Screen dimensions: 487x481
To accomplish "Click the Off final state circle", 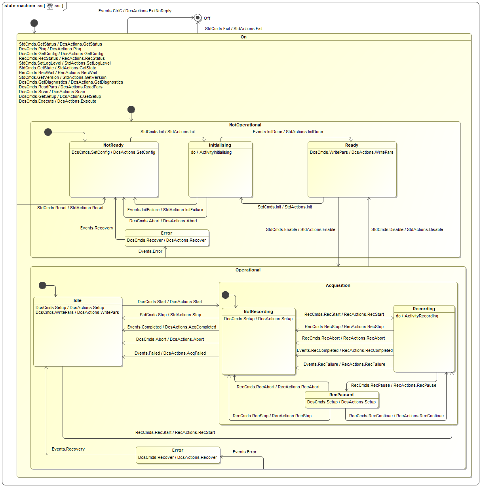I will (198, 17).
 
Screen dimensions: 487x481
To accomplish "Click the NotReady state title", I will (114, 145).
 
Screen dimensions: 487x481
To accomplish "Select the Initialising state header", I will (220, 145).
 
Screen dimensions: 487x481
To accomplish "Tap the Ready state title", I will (352, 145).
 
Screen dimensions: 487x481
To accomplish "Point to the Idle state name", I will (78, 301).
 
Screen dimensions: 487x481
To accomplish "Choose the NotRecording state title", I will (259, 312).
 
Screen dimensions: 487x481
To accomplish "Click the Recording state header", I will (424, 309).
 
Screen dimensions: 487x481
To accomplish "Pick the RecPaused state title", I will (341, 395).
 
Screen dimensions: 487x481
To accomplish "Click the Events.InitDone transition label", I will (288, 132).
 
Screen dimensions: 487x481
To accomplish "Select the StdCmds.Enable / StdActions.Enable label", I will (300, 230).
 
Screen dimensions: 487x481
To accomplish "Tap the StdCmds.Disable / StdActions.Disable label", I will (407, 230).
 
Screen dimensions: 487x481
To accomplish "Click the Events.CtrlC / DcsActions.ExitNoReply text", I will (135, 11).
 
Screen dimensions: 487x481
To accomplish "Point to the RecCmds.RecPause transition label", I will (394, 386).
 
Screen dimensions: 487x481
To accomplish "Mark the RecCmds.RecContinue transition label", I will (396, 416).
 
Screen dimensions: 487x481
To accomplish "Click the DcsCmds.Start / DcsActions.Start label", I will (170, 302).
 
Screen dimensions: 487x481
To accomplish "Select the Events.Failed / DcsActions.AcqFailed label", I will (170, 353).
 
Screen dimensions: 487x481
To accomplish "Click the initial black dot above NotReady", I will (48, 132).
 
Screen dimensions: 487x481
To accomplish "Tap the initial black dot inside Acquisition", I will (226, 295).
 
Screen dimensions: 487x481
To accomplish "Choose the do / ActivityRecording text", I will (417, 316).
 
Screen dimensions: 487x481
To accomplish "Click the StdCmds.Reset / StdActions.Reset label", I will (70, 208).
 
